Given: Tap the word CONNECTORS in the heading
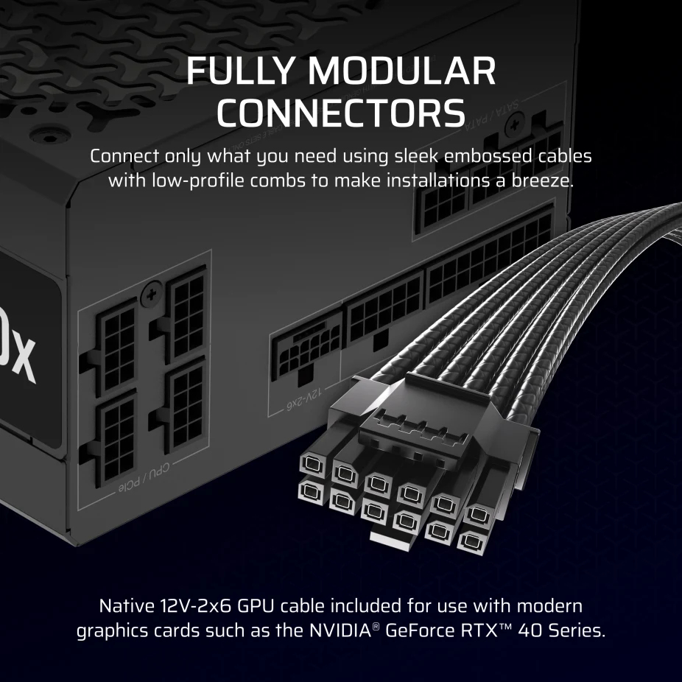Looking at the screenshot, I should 341,113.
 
